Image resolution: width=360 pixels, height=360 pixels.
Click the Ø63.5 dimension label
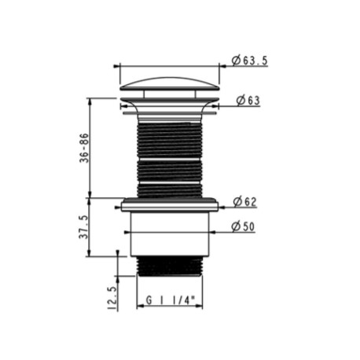pyautogui.click(x=250, y=61)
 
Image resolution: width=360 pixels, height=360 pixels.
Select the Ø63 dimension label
pyautogui.click(x=248, y=101)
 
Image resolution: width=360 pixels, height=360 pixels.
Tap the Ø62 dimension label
pyautogui.click(x=245, y=202)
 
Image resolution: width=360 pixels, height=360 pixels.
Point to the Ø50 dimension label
pyautogui.click(x=243, y=226)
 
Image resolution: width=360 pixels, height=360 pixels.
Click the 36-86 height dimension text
pyautogui.click(x=84, y=148)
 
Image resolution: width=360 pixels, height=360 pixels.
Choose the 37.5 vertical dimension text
pyautogui.click(x=84, y=227)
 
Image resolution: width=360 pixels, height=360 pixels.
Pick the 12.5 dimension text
pyautogui.click(x=112, y=298)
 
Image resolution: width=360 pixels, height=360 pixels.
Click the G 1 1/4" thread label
pyautogui.click(x=171, y=300)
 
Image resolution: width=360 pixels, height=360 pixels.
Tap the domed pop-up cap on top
pyautogui.click(x=170, y=84)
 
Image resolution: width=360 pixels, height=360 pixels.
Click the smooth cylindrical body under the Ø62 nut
pyautogui.click(x=170, y=233)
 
